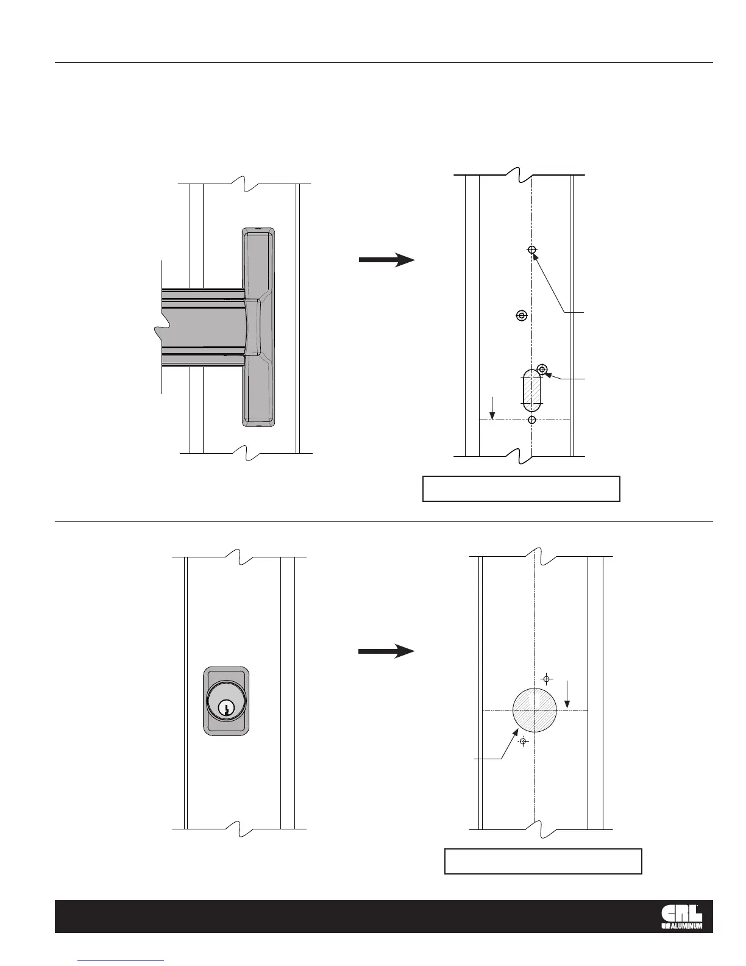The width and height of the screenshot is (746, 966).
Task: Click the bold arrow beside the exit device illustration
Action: coord(386,260)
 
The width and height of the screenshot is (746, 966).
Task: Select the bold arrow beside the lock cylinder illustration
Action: coord(386,651)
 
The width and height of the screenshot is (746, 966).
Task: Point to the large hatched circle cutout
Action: coord(534,710)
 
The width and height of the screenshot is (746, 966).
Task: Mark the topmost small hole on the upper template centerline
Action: coord(532,250)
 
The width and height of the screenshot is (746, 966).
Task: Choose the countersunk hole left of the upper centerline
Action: coord(521,315)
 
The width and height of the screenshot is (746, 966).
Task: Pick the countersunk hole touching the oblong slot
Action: coord(542,369)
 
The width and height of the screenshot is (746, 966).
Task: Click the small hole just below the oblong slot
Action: coord(532,420)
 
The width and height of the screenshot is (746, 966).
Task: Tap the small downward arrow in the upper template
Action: coord(494,408)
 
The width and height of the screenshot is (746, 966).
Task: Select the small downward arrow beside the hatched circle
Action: coord(568,695)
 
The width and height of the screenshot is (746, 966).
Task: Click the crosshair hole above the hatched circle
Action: coord(547,679)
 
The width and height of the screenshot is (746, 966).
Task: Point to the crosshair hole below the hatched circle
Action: coord(522,742)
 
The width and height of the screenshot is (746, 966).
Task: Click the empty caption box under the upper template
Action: coord(521,488)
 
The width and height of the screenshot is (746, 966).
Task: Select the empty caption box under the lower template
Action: coord(543,860)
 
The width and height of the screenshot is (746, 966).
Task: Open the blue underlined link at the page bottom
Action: coord(121,960)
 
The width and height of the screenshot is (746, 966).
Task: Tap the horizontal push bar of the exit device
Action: coord(201,327)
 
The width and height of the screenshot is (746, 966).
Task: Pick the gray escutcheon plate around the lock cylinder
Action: coord(226,726)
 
